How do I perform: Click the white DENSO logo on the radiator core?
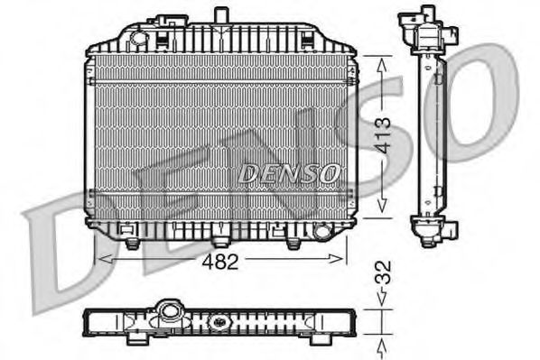click(x=289, y=171)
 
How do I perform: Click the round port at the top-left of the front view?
click(x=137, y=36)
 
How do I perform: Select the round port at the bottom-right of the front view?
click(x=320, y=233)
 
